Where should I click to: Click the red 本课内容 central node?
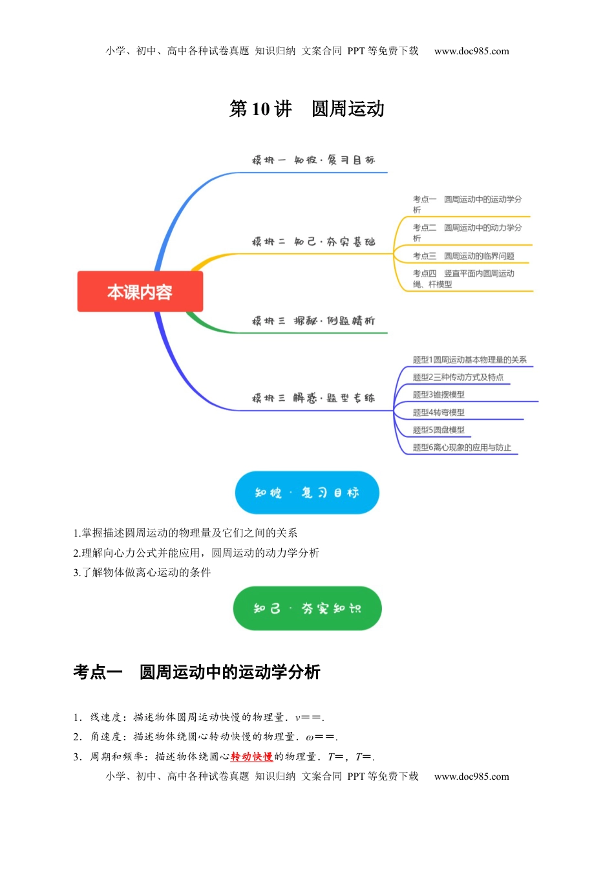[x=140, y=292]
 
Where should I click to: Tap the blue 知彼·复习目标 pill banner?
[x=306, y=493]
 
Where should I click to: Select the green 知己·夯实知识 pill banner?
[x=307, y=608]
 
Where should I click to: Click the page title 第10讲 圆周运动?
[x=306, y=109]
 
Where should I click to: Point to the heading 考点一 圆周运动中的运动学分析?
[x=196, y=672]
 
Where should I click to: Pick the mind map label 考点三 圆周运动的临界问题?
[x=463, y=256]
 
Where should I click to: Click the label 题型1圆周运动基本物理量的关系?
[x=469, y=359]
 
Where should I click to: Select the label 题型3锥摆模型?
[x=438, y=394]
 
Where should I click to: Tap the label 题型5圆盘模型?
[x=438, y=429]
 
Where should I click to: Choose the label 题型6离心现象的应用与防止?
[x=461, y=447]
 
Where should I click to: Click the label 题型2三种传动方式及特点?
[x=458, y=377]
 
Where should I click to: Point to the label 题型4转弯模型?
[x=438, y=413]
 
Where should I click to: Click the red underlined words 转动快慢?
[x=251, y=756]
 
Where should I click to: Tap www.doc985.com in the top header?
[x=471, y=51]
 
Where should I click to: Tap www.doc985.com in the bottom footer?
[x=471, y=777]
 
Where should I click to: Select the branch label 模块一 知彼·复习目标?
[x=313, y=160]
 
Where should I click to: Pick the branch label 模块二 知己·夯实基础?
[x=313, y=242]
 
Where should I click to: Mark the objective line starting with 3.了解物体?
[x=142, y=572]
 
